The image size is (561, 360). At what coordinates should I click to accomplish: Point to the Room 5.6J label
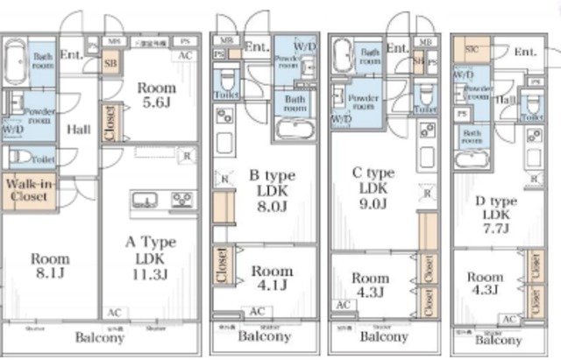click(x=157, y=95)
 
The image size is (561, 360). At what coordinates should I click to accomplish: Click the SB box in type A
click(x=111, y=63)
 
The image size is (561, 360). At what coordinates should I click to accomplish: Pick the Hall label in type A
click(x=79, y=129)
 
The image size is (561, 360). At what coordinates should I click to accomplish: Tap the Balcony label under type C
click(x=384, y=337)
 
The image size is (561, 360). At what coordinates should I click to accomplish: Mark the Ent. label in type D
click(x=525, y=53)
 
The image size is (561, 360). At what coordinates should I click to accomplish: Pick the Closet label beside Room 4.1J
click(x=222, y=268)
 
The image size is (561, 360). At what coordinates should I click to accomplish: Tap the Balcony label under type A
click(x=99, y=337)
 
